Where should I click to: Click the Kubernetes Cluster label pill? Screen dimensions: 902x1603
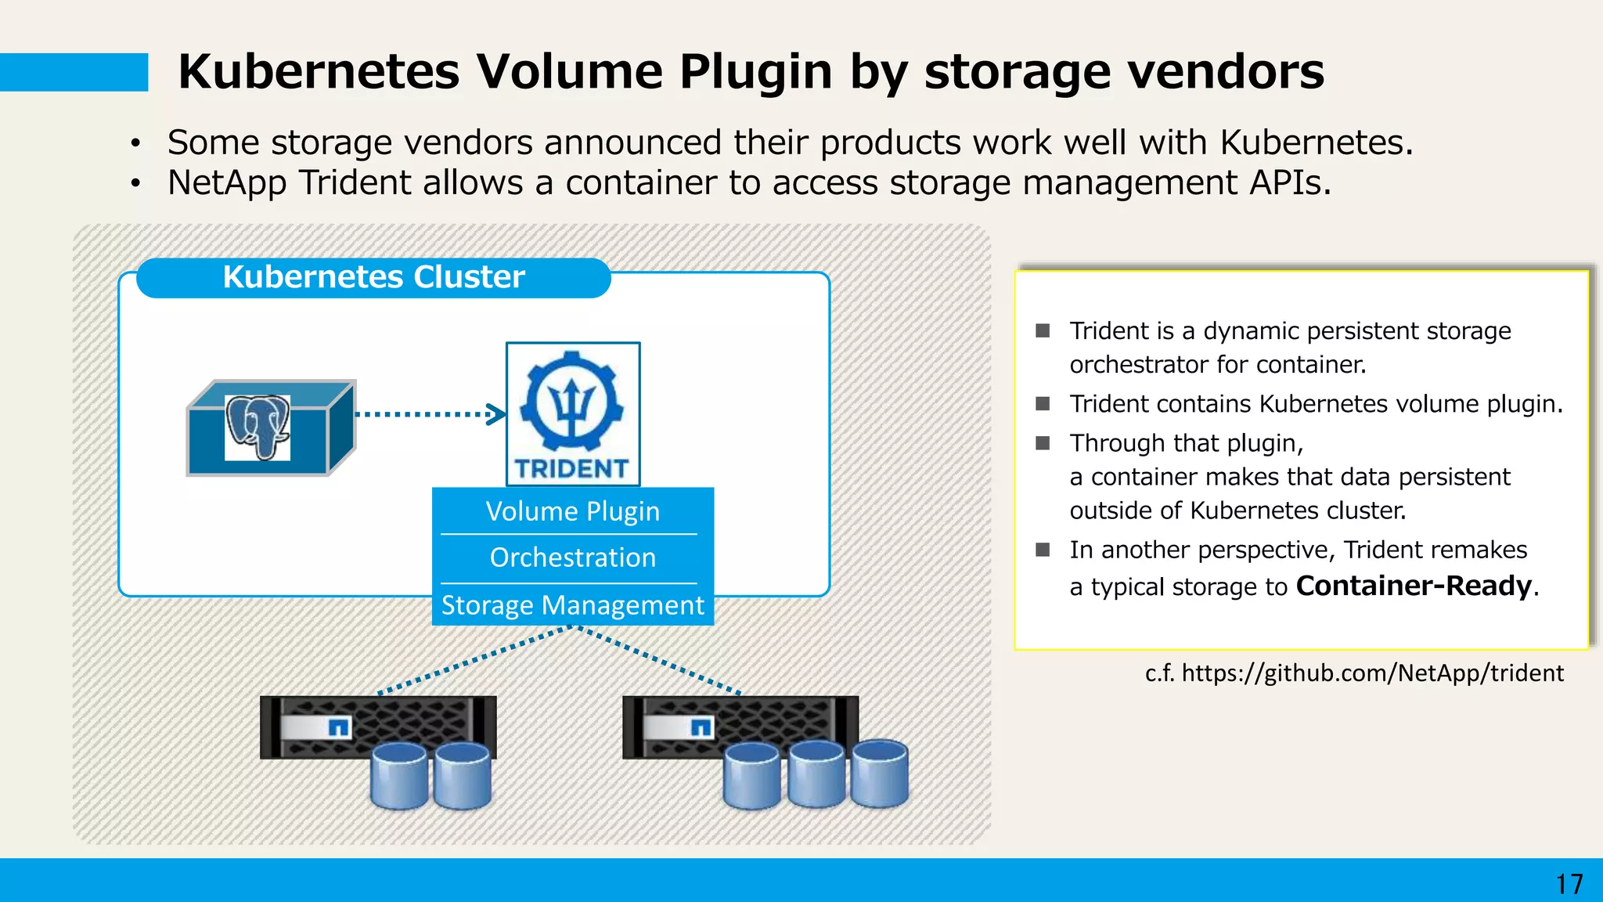(373, 277)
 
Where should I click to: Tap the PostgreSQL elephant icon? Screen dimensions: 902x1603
(258, 427)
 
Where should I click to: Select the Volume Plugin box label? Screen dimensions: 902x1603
(572, 511)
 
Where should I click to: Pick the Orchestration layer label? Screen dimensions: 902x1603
(572, 557)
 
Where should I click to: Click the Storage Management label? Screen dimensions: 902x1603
(572, 605)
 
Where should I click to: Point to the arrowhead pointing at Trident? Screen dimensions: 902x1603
(496, 414)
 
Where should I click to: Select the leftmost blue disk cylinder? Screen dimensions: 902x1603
(399, 776)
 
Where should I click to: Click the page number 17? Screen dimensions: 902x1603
(1569, 884)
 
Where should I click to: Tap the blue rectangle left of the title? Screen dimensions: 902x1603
(74, 72)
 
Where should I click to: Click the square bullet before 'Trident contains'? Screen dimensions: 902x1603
(1043, 403)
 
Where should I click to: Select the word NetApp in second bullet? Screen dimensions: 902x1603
(227, 182)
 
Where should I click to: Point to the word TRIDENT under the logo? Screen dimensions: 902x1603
(572, 468)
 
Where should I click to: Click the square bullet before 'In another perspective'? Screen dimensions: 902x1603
(1043, 550)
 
